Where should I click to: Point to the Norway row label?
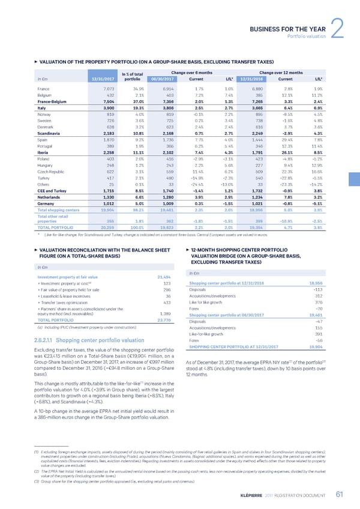37,114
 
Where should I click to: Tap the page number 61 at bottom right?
339,493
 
